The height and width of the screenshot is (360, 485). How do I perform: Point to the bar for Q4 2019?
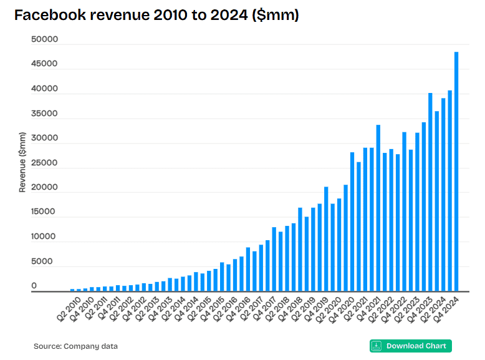325,240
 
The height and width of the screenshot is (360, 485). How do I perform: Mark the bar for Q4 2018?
300,250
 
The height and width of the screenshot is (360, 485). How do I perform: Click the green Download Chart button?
411,346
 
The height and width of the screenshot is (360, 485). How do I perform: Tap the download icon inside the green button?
377,346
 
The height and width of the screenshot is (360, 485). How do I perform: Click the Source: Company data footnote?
75,346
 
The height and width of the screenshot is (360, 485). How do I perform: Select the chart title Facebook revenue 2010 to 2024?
156,16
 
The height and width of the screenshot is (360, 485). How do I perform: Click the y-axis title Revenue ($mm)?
22,162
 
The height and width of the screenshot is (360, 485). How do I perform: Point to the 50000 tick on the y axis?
44,40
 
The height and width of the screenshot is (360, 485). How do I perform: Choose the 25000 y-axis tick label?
44,163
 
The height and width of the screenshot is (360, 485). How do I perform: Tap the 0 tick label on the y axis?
34,286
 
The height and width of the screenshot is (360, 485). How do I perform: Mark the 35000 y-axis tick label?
44,114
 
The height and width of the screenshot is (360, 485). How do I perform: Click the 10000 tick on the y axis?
44,237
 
